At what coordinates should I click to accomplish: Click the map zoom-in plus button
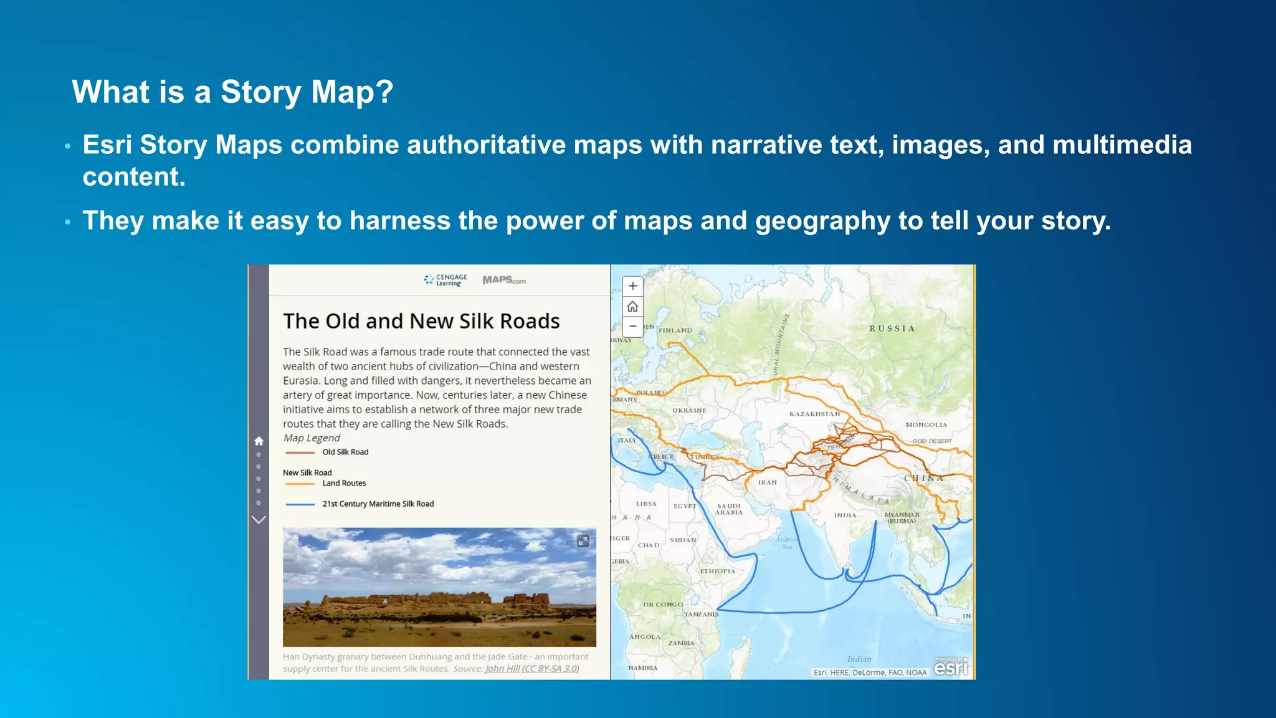tap(632, 286)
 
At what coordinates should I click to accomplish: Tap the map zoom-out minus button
tap(632, 326)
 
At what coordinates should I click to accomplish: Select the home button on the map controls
tap(632, 306)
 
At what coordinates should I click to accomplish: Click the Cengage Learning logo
tap(445, 280)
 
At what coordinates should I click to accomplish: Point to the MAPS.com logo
tap(504, 280)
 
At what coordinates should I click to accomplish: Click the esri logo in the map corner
tap(951, 668)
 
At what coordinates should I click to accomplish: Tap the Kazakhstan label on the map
tap(814, 414)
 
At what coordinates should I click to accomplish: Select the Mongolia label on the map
tap(926, 425)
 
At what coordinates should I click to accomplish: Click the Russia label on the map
tap(892, 328)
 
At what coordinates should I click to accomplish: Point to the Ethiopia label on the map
tap(717, 571)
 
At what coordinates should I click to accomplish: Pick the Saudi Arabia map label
tap(728, 509)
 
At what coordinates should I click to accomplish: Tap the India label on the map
tap(845, 515)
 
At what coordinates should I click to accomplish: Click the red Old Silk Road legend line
tap(300, 452)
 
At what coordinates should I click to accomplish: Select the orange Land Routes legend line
tap(300, 484)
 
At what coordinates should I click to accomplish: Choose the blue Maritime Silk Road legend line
tap(300, 504)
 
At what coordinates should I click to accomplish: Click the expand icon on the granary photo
tap(583, 541)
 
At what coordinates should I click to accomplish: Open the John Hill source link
tap(502, 669)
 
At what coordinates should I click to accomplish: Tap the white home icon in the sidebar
tap(259, 441)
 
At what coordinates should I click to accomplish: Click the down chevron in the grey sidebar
tap(259, 519)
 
